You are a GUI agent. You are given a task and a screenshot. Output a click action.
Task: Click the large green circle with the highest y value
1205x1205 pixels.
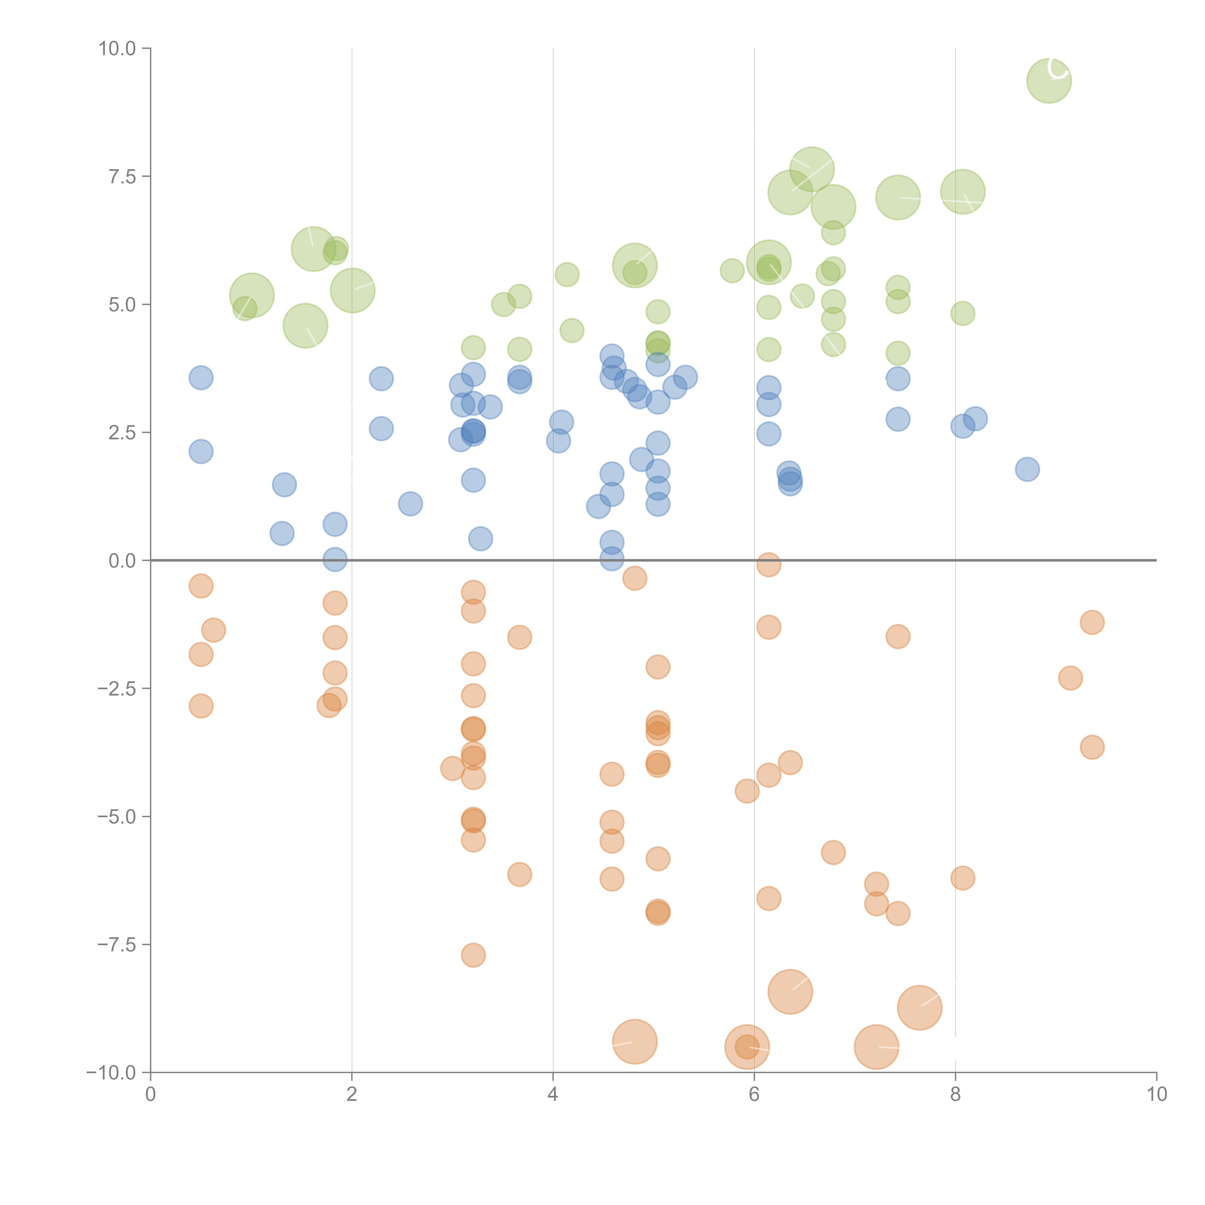click(x=1049, y=80)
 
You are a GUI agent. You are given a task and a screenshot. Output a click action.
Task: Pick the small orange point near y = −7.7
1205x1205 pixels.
click(x=473, y=955)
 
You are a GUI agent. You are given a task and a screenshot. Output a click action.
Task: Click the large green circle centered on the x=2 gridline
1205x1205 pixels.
click(x=352, y=290)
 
